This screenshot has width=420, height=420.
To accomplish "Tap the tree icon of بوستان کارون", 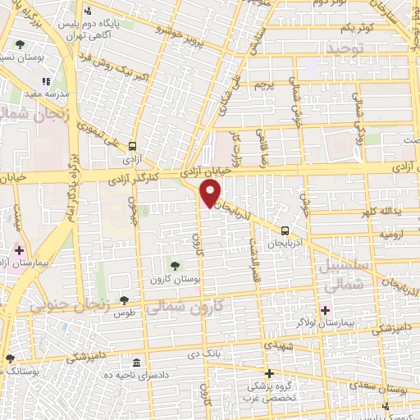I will [174, 264].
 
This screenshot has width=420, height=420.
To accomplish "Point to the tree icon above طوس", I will [124, 301].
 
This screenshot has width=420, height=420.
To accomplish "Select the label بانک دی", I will [228, 355].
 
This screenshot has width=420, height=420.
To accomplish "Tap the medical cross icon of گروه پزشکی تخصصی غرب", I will [268, 373].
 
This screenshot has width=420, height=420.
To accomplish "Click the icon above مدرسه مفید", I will [46, 80].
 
